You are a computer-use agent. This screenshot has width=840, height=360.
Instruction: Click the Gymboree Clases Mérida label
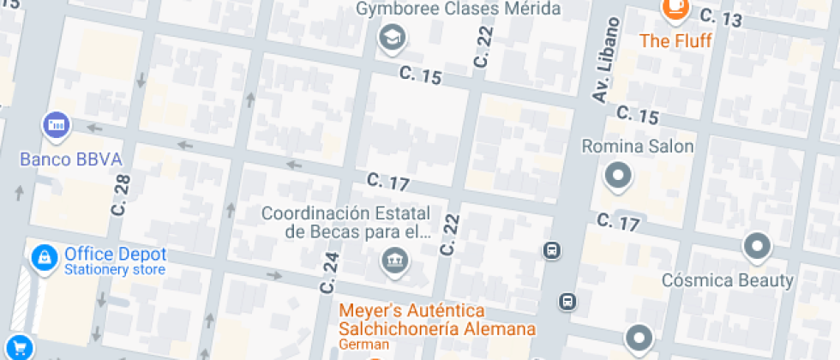tap(459, 9)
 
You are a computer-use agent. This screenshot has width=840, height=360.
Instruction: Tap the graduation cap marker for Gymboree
tap(393, 37)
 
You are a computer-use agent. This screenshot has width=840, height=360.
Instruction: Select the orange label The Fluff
tap(675, 40)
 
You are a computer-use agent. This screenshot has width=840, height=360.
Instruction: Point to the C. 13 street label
tap(720, 16)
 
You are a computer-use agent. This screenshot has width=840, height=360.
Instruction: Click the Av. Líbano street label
tap(605, 60)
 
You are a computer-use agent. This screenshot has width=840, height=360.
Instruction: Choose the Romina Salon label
tap(638, 147)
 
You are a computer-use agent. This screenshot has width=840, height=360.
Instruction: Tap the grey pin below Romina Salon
tap(618, 177)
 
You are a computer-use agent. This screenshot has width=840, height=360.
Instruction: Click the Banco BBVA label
tap(71, 159)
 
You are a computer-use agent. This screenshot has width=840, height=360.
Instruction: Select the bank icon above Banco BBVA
tap(57, 125)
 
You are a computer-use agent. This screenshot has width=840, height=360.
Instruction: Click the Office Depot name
tap(115, 255)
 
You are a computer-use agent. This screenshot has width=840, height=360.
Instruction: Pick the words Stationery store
tap(115, 270)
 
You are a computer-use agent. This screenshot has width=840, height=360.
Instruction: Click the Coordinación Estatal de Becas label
tap(346, 222)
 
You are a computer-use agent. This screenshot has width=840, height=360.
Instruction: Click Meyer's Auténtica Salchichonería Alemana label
tap(437, 320)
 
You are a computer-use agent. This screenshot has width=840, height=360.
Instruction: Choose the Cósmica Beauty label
tap(728, 280)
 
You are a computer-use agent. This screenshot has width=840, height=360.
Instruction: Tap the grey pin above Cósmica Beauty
tap(757, 247)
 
